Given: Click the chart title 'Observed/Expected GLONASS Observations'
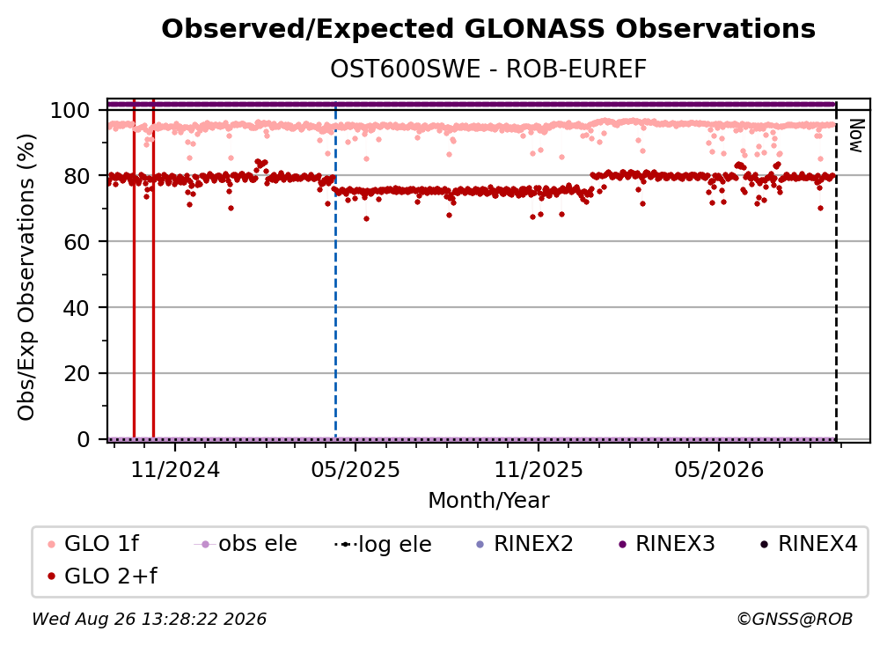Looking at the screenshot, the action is point(488,29).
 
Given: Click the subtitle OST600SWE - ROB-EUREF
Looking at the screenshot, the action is point(488,70).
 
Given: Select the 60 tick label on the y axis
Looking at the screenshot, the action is point(77,242).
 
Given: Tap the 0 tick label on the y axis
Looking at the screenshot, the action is point(84,439).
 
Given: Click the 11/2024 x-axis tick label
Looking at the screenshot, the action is point(175,469).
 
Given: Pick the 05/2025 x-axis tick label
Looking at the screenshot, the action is point(356,469).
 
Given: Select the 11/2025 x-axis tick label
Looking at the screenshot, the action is point(539,469).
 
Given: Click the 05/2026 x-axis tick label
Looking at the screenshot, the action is point(719,469).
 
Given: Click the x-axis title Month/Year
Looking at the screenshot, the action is point(488,501).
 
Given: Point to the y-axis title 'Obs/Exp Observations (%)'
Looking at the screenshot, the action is point(26,277).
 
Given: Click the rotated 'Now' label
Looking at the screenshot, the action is point(856,136).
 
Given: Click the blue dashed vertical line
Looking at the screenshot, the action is point(335,270).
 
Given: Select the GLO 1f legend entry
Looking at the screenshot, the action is point(93,544).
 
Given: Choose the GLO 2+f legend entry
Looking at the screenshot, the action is point(102,576).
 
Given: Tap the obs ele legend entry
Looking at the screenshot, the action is point(246,544).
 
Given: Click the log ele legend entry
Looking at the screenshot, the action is point(383,544).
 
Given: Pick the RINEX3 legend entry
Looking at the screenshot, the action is point(667,544).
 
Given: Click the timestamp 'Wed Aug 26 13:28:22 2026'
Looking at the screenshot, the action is point(150,619).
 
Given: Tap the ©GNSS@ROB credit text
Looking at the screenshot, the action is point(795,619).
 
